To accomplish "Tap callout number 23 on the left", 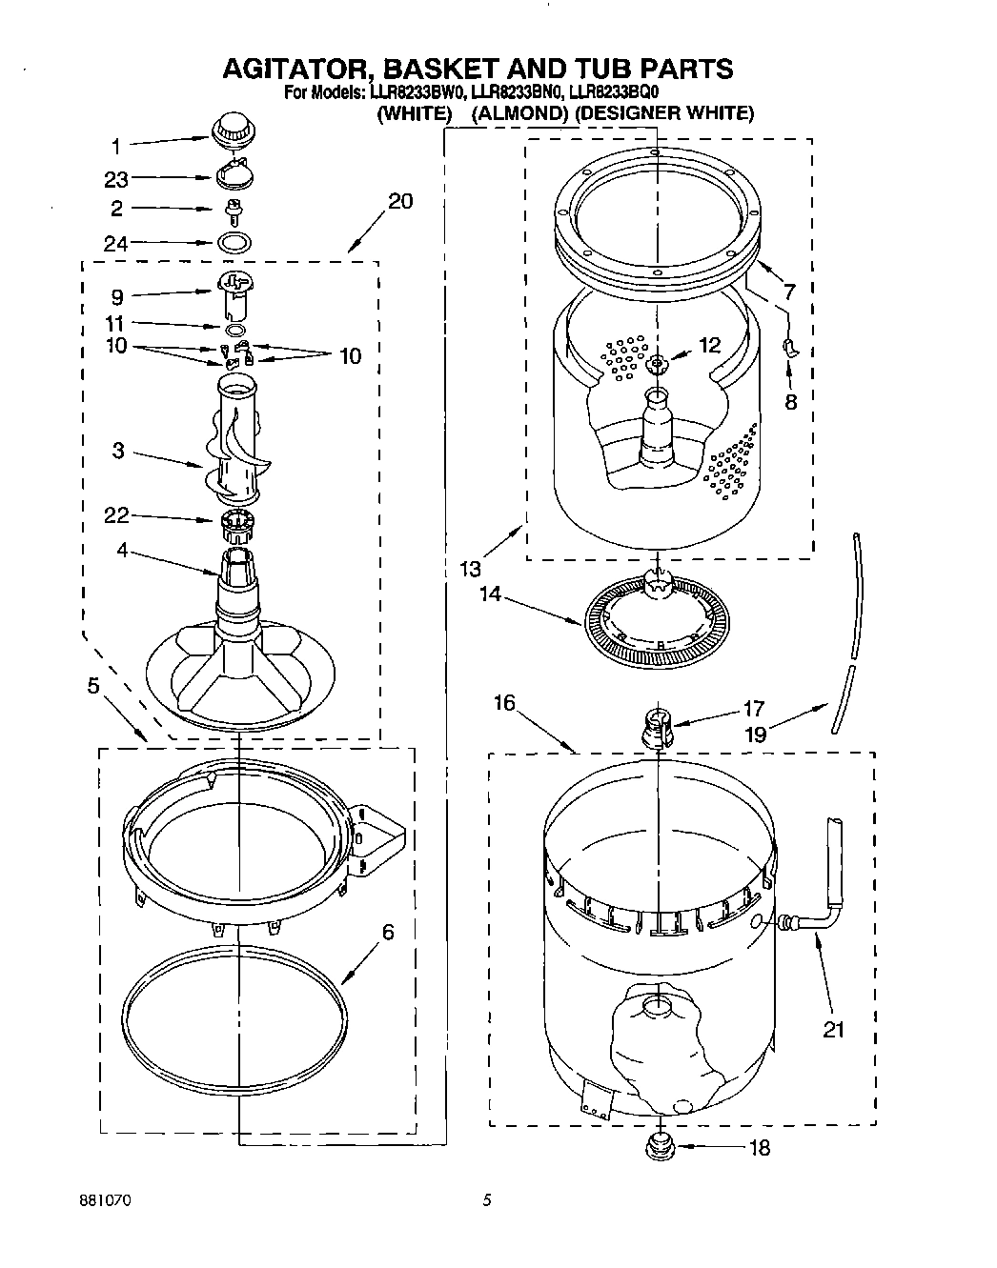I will (x=116, y=178).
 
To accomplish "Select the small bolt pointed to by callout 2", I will (x=231, y=210).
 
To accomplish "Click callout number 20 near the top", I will (x=401, y=203).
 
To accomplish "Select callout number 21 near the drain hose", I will (x=834, y=1030).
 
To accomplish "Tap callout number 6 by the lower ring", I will (x=388, y=932).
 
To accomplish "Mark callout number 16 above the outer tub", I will (x=504, y=703).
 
